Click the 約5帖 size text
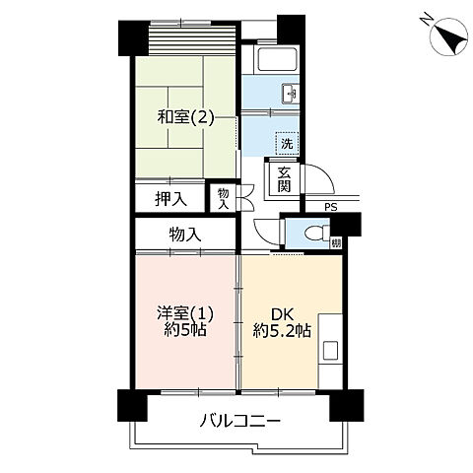pyautogui.click(x=184, y=331)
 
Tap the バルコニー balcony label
pyautogui.click(x=241, y=420)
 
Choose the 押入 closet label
pyautogui.click(x=169, y=199)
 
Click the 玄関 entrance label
pyautogui.click(x=284, y=180)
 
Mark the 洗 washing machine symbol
pyautogui.click(x=285, y=142)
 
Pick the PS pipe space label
pyautogui.click(x=329, y=207)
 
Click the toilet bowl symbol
pyautogui.click(x=312, y=235)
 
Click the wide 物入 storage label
pyautogui.click(x=184, y=235)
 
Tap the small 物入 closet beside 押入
pyautogui.click(x=224, y=199)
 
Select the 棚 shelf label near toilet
pyautogui.click(x=336, y=242)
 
